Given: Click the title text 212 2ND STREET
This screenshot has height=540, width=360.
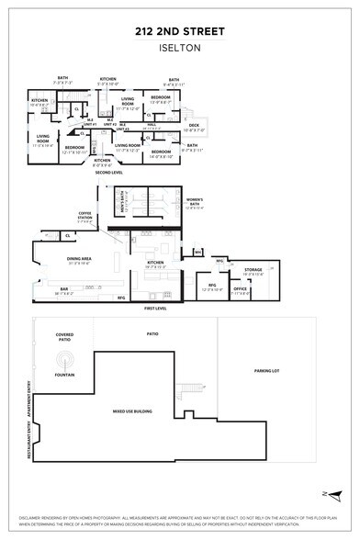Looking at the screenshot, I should (180, 29).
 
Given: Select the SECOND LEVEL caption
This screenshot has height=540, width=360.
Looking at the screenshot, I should (108, 172).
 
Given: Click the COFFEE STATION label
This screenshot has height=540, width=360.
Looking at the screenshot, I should (84, 218).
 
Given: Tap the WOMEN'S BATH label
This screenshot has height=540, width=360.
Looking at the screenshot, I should (194, 201).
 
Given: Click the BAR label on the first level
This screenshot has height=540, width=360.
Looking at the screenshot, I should (64, 290).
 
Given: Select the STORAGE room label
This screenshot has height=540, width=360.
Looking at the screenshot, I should (253, 270).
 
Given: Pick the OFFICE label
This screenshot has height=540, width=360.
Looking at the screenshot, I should (240, 290).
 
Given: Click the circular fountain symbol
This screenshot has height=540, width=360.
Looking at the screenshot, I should (65, 358).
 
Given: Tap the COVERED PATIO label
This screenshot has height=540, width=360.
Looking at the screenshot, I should (65, 337).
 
